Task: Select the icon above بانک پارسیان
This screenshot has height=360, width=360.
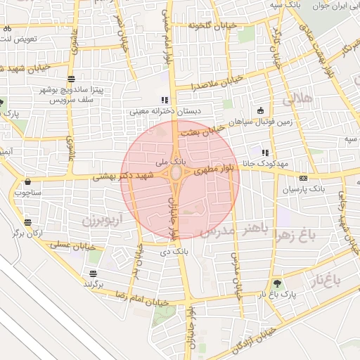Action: tap(303, 178)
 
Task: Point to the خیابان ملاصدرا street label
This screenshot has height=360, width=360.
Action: tap(218, 82)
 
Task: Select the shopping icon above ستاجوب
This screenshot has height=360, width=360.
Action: tap(27, 180)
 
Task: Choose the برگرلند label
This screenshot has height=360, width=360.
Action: tap(94, 283)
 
